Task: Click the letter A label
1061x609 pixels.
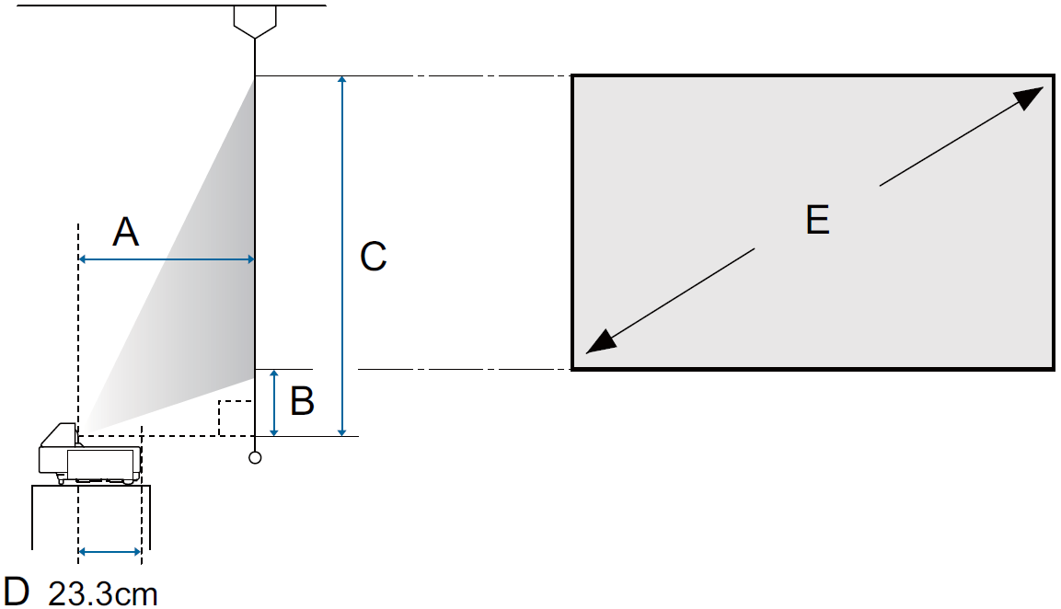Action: pos(126,232)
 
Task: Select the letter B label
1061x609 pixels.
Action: pos(302,401)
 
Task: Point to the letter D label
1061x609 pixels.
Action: pos(17,591)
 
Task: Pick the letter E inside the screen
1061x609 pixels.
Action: pos(817,220)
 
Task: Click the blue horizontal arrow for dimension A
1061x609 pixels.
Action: pos(167,260)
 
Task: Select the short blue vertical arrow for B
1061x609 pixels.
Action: pos(274,402)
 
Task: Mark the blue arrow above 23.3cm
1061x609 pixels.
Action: pos(110,552)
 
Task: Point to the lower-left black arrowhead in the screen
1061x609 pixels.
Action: pos(600,342)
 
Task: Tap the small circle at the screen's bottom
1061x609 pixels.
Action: pos(255,457)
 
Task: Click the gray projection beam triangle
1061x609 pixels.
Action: pos(202,276)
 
